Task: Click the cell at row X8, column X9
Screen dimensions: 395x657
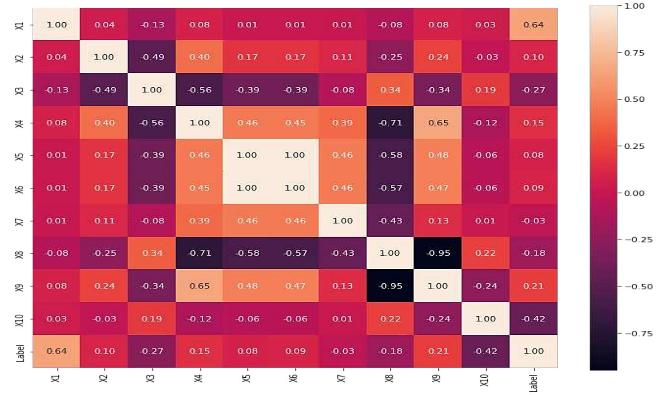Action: click(x=438, y=253)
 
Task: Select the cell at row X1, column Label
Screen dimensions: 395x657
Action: click(x=533, y=24)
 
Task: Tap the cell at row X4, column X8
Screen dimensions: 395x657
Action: click(x=390, y=123)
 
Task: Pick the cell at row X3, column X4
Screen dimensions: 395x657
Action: click(x=199, y=90)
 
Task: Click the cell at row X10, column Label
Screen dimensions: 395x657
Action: click(x=533, y=319)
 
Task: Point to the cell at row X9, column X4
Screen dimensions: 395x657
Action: click(x=199, y=286)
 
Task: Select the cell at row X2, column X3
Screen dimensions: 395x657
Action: click(x=152, y=57)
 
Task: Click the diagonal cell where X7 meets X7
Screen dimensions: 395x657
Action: click(x=342, y=221)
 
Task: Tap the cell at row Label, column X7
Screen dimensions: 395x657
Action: click(x=342, y=351)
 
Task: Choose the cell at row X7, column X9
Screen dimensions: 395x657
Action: click(x=438, y=221)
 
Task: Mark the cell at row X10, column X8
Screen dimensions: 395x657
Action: click(x=390, y=319)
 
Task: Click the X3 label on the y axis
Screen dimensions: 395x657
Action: click(x=19, y=90)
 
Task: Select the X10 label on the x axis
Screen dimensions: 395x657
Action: click(x=485, y=380)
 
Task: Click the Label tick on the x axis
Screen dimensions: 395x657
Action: click(x=533, y=383)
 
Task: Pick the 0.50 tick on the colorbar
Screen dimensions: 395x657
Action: click(x=634, y=100)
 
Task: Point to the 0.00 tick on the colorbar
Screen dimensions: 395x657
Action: click(x=634, y=193)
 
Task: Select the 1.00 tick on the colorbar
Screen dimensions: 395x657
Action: click(x=634, y=6)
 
